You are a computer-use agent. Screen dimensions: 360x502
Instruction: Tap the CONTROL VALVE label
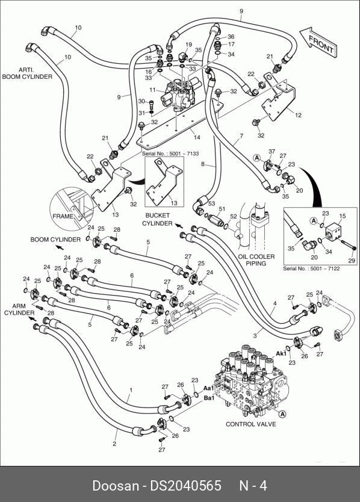[x=251, y=424]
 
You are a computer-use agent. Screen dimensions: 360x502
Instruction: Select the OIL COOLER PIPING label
[x=256, y=260]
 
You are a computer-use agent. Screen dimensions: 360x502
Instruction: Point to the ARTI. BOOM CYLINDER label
[x=27, y=73]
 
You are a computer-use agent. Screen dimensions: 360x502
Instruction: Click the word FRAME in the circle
[x=63, y=216]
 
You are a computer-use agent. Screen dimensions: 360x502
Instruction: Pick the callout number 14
[x=197, y=137]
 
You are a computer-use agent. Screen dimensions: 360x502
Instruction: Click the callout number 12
[x=298, y=115]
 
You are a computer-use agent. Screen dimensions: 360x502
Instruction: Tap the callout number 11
[x=152, y=90]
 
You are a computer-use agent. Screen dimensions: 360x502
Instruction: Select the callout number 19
[x=188, y=45]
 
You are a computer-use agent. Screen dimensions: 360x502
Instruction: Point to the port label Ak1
[x=281, y=354]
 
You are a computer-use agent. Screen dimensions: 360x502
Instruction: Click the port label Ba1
[x=209, y=398]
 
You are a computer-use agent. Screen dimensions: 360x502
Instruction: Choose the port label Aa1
[x=209, y=388]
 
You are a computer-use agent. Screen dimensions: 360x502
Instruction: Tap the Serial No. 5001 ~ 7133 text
[x=170, y=153]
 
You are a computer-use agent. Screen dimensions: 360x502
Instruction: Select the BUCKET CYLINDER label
[x=157, y=220]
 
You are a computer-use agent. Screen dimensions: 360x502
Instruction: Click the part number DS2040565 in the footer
[x=186, y=486]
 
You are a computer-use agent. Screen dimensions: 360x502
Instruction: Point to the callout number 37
[x=272, y=152]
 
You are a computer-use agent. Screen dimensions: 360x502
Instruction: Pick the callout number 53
[x=211, y=203]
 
